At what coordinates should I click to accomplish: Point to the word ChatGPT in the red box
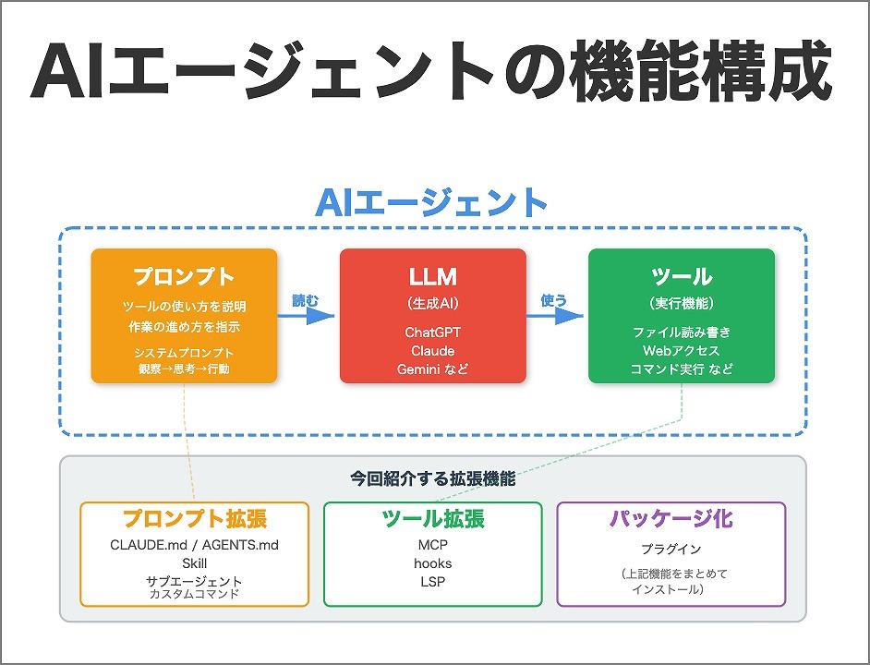click(432, 331)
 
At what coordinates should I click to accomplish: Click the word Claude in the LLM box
click(432, 350)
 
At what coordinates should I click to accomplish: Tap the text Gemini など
click(432, 369)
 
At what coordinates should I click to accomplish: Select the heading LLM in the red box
click(432, 276)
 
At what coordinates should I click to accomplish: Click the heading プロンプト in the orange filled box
click(184, 276)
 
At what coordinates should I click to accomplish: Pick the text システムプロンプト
click(184, 353)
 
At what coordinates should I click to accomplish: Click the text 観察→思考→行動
click(184, 369)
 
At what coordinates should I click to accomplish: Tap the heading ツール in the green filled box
click(682, 276)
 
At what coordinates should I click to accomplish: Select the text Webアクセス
click(682, 350)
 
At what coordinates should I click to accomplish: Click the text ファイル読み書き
click(682, 332)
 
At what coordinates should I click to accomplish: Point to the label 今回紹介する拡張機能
click(432, 479)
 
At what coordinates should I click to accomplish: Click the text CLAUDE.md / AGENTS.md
click(194, 545)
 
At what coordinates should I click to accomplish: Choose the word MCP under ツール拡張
click(432, 545)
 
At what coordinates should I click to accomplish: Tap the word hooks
click(432, 563)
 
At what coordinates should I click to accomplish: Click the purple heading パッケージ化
click(671, 518)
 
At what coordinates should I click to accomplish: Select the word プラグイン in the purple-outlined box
click(671, 549)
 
